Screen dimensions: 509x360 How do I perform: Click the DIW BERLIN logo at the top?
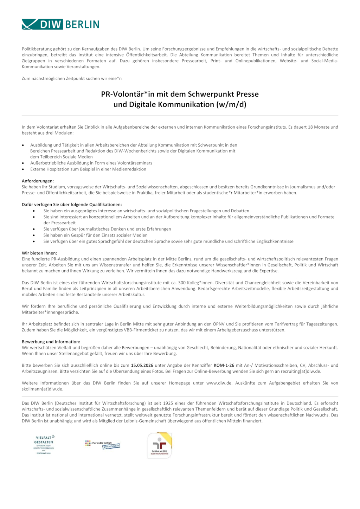60,24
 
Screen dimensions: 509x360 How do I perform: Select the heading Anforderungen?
38,181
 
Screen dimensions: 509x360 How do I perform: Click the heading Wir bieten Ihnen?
39,253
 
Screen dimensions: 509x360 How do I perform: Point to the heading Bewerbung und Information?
51,341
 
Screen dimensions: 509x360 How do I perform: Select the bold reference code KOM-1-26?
224,365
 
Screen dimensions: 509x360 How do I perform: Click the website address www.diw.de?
219,383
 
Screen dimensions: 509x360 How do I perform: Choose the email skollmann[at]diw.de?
42,389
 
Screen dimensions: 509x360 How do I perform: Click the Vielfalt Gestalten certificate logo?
44,445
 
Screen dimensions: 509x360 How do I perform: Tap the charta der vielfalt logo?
102,444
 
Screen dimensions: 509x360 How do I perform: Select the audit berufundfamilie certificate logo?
160,445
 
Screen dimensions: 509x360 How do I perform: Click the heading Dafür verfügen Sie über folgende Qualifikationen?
72,204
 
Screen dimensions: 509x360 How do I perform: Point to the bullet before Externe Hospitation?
23,169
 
